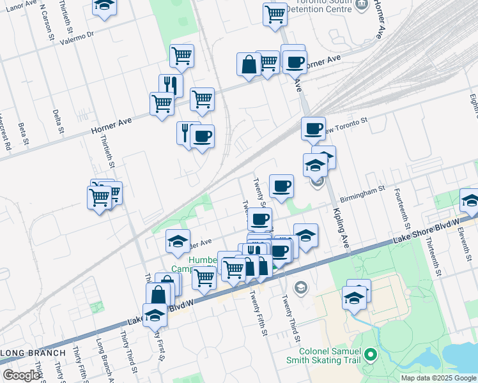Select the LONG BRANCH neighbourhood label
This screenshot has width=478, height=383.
click(x=33, y=353)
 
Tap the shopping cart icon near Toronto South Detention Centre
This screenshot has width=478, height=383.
click(x=275, y=13)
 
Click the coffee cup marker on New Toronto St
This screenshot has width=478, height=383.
click(x=313, y=128)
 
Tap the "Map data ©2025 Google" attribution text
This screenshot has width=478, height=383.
click(x=438, y=378)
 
